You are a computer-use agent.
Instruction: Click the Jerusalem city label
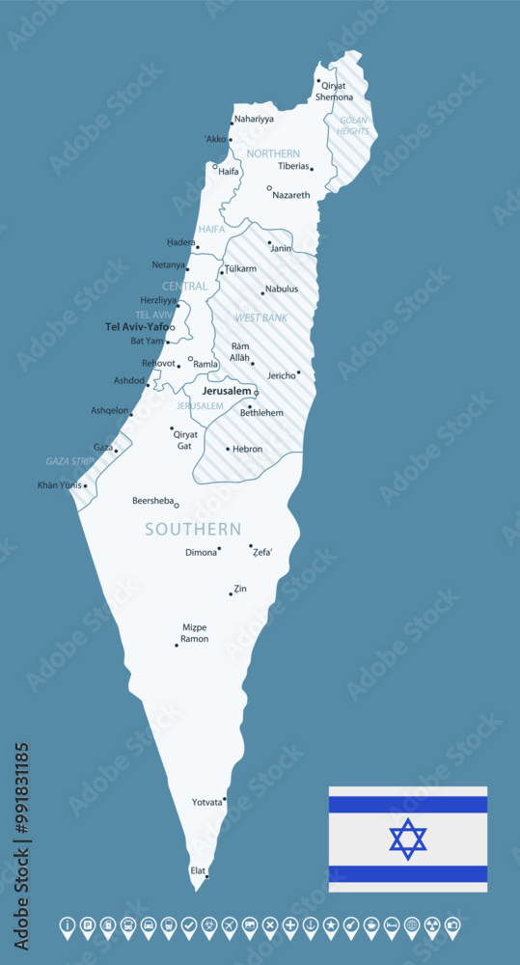click(x=227, y=391)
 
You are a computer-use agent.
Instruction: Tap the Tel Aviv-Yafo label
click(x=139, y=327)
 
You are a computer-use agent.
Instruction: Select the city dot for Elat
click(x=206, y=876)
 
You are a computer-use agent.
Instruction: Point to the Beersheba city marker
click(x=177, y=505)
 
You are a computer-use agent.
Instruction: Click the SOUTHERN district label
click(x=193, y=529)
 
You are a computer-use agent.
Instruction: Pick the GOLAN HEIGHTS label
click(x=352, y=125)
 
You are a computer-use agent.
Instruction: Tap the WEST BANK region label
click(x=261, y=317)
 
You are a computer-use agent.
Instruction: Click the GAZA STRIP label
click(x=69, y=461)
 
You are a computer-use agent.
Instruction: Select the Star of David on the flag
click(x=408, y=839)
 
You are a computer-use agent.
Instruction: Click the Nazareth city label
click(x=291, y=195)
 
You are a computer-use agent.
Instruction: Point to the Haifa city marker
click(x=215, y=166)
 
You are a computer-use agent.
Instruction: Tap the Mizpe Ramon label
click(x=194, y=633)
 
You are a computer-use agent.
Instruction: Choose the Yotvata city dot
click(x=225, y=800)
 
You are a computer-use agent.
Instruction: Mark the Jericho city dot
click(x=298, y=372)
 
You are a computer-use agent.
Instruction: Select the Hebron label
click(x=247, y=449)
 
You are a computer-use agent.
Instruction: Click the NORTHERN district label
click(x=273, y=153)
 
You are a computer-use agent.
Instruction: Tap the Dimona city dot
click(x=219, y=548)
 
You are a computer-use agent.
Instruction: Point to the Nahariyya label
click(x=254, y=119)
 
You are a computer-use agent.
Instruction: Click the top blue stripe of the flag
click(x=408, y=805)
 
